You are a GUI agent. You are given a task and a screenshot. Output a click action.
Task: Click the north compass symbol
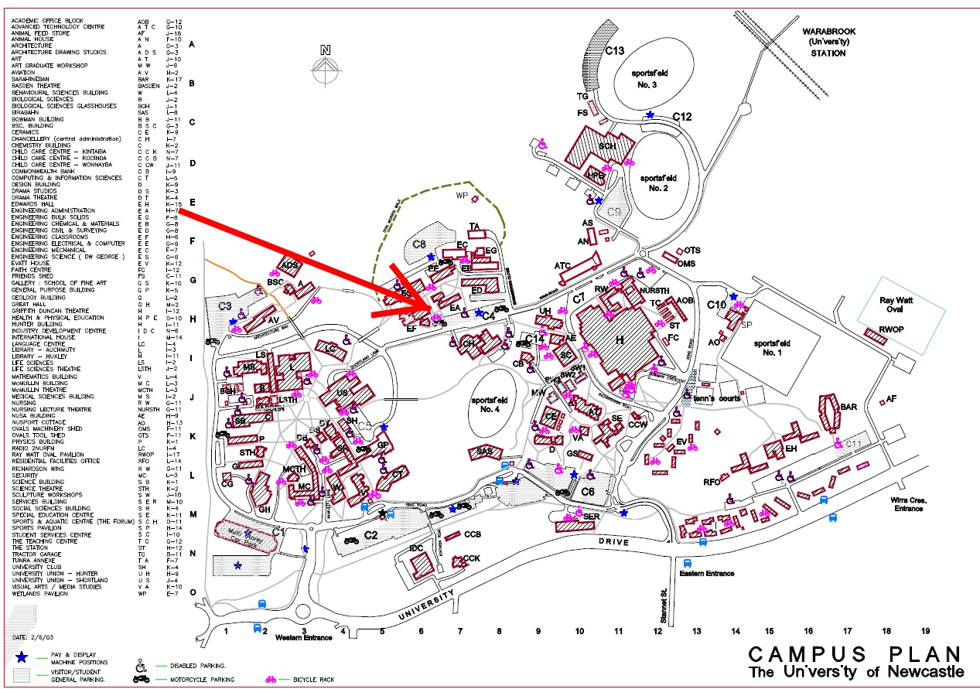tap(326, 65)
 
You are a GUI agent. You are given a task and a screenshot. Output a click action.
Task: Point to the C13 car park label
tap(614, 51)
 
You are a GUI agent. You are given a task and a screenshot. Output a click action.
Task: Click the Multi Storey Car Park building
tap(246, 534)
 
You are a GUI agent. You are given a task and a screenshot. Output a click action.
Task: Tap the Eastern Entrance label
tap(705, 574)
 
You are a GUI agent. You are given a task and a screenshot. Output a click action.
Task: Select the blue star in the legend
tap(21, 657)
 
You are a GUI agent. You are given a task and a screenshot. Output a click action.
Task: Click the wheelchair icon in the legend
tap(141, 664)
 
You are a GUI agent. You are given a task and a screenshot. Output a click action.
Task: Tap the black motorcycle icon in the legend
tap(141, 679)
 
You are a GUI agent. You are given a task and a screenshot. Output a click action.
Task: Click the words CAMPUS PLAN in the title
tap(855, 654)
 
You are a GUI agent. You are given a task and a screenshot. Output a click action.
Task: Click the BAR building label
tap(849, 407)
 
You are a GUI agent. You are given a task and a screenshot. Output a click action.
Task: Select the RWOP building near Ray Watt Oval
tap(877, 330)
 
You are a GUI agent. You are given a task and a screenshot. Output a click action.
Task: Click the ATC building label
tap(562, 266)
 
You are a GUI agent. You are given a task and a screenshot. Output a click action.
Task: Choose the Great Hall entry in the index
tap(29, 304)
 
